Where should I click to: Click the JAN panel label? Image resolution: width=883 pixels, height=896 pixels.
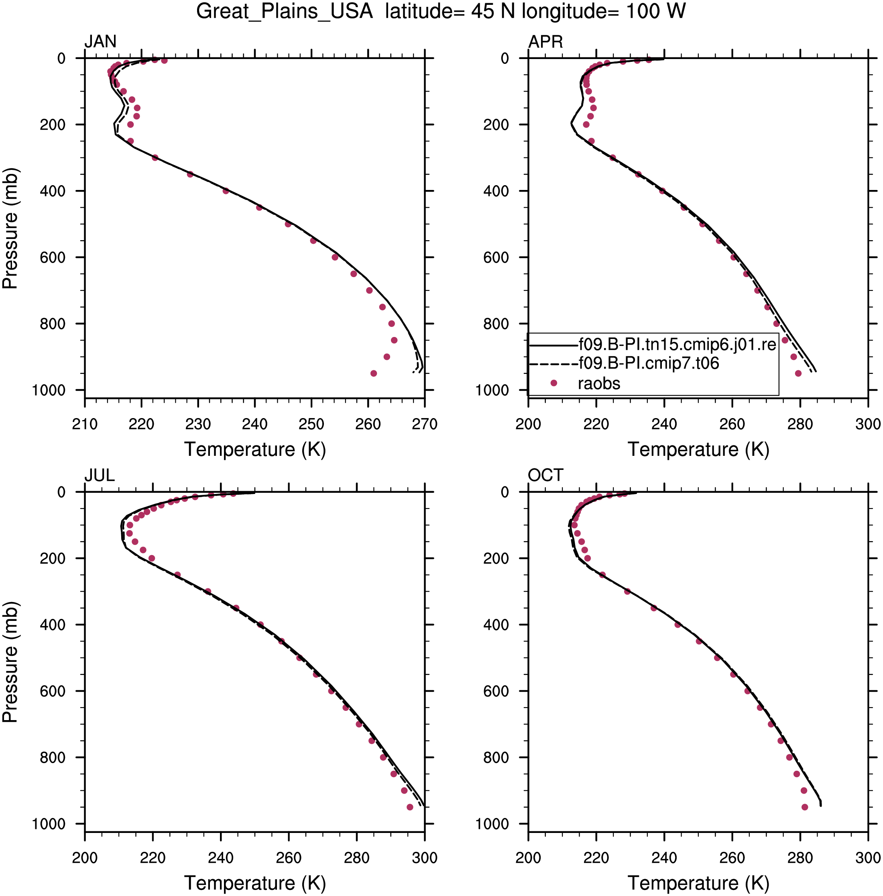click(x=100, y=42)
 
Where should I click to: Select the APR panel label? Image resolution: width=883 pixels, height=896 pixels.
click(x=545, y=42)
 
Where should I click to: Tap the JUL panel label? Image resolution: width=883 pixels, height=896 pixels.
click(x=99, y=476)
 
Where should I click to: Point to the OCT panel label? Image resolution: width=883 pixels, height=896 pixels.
click(x=545, y=476)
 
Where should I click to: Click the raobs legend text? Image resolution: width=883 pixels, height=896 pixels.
click(x=598, y=384)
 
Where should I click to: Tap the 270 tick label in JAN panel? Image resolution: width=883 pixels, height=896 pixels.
click(x=424, y=424)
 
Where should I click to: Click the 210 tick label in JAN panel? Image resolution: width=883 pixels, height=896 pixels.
click(x=85, y=424)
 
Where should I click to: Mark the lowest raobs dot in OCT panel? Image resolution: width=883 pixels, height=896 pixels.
click(x=805, y=807)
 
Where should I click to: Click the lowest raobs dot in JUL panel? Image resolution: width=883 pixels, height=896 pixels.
click(x=410, y=807)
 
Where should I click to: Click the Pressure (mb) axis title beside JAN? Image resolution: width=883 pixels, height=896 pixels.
click(x=10, y=228)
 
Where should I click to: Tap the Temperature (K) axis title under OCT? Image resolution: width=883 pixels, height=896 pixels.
click(x=698, y=884)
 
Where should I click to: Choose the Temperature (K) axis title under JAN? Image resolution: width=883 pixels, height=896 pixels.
click(x=255, y=450)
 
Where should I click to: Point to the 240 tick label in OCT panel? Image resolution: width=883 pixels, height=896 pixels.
click(x=664, y=858)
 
